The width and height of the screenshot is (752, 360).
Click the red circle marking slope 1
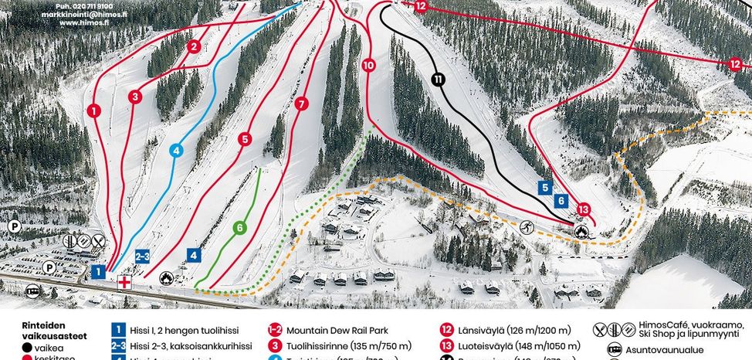[x=93, y=110]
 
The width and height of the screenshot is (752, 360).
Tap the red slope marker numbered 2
[x=194, y=46]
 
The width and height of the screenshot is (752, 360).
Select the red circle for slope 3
[x=135, y=97]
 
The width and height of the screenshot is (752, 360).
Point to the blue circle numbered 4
[x=176, y=151]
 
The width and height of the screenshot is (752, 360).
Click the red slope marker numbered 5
[x=245, y=139]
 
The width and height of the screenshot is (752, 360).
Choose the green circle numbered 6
[x=240, y=228]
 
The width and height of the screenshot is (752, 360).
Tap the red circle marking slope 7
[x=301, y=103]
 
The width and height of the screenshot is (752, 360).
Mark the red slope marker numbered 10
[x=368, y=66]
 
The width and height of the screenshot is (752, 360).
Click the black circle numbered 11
[x=439, y=79]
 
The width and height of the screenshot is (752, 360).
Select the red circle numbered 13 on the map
[x=583, y=209]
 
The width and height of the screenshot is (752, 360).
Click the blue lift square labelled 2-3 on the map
[x=142, y=256]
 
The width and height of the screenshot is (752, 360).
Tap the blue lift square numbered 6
[x=561, y=201]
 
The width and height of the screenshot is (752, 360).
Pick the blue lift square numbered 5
[x=545, y=187]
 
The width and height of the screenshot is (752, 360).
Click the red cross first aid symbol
[x=123, y=283]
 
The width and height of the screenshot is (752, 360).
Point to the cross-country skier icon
[x=527, y=227]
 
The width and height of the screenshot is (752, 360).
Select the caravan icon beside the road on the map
[x=33, y=291]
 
